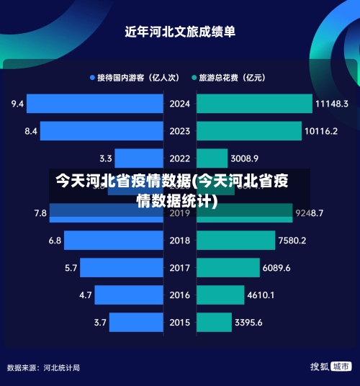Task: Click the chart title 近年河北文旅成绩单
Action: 180,32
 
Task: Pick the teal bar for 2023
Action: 248,131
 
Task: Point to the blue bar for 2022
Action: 139,158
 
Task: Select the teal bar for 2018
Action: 235,240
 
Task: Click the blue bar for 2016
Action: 129,295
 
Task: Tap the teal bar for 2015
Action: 213,322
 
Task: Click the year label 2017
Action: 179,268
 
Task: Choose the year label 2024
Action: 179,104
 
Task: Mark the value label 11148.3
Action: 331,104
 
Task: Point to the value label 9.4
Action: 18,104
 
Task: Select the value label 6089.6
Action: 277,268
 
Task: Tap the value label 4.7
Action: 85,295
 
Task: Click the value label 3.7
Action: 99,322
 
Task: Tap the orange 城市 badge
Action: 341,367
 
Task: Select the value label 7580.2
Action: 292,240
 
